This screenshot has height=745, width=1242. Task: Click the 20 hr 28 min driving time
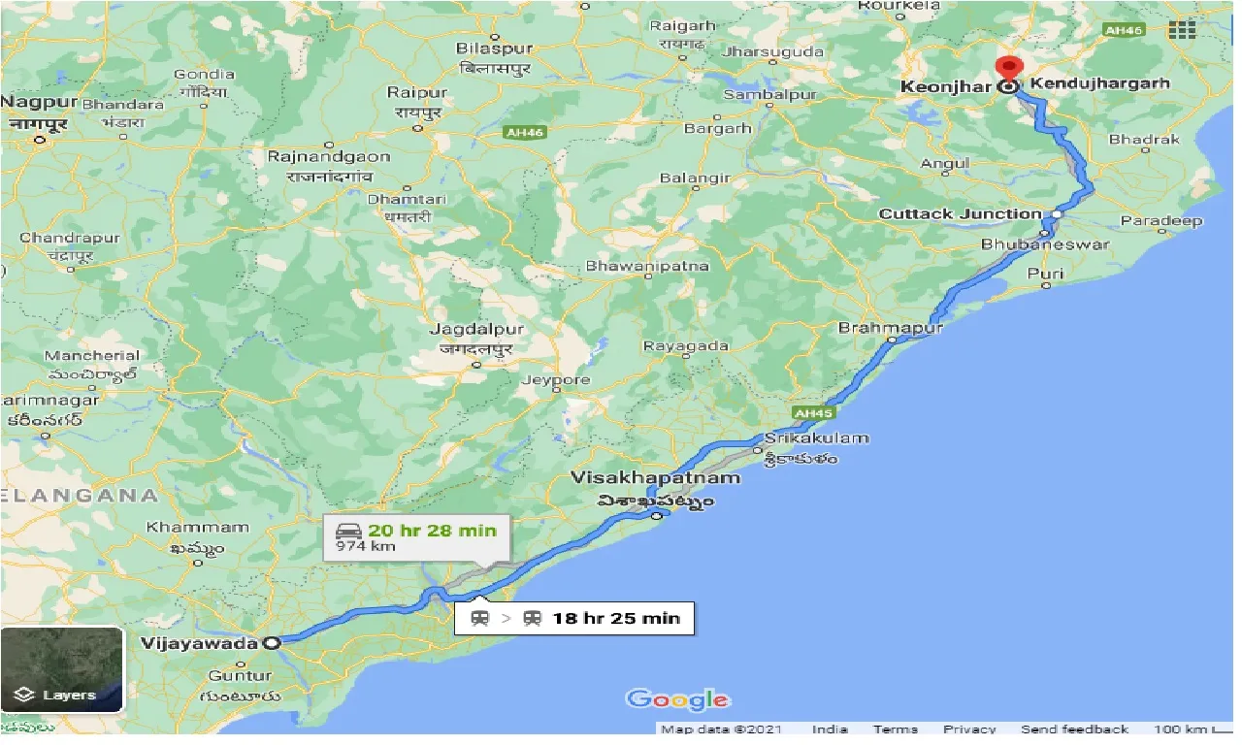point(432,531)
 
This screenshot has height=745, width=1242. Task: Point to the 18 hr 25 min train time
point(616,618)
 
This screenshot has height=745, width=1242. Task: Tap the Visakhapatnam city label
point(656,478)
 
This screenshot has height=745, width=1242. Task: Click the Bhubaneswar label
point(1045,244)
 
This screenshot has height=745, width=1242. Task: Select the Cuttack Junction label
point(960,214)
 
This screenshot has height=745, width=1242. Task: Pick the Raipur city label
point(417,93)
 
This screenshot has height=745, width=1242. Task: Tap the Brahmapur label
point(891,328)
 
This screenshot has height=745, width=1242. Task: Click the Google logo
point(677,699)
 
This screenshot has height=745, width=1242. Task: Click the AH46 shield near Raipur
point(524,132)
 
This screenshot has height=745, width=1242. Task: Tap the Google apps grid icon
point(1182,30)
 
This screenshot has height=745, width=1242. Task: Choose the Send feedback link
point(1074,729)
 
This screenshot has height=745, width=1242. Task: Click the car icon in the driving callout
point(348,531)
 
